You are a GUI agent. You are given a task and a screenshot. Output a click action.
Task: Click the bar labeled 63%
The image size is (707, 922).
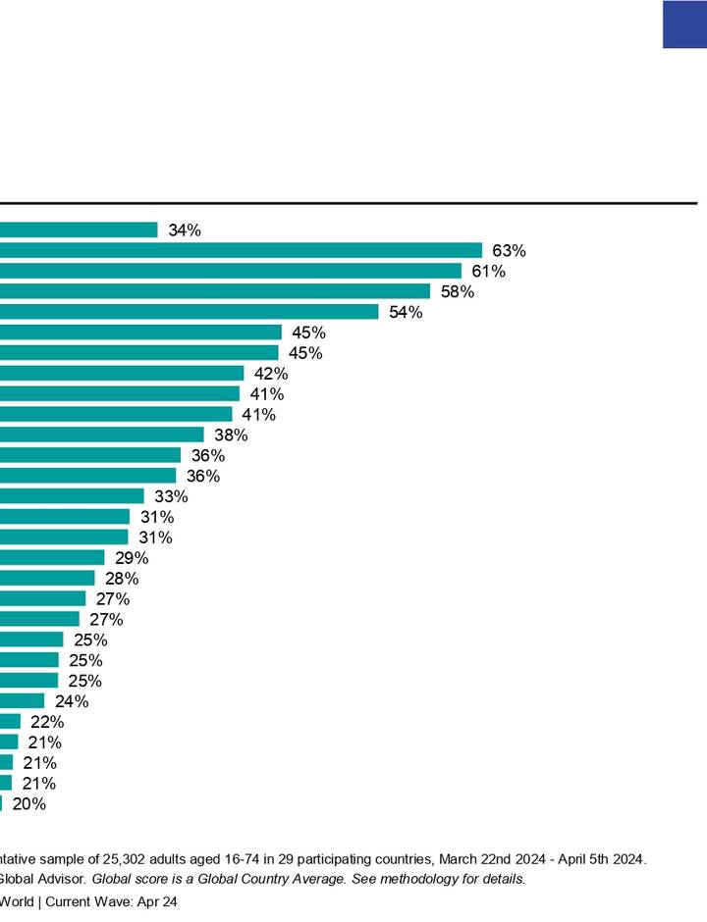pyautogui.click(x=241, y=250)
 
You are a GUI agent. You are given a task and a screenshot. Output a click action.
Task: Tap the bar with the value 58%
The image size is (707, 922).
pyautogui.click(x=215, y=291)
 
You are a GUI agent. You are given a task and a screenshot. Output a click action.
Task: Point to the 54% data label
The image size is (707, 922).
pyautogui.click(x=406, y=312)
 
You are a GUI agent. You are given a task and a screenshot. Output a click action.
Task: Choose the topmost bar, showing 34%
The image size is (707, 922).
pyautogui.click(x=79, y=230)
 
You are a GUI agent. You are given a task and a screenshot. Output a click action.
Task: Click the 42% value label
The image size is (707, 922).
pyautogui.click(x=271, y=374)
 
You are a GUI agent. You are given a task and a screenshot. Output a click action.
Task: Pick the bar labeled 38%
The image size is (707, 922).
pyautogui.click(x=102, y=435)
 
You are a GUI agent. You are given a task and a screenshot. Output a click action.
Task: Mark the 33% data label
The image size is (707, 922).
pyautogui.click(x=171, y=496)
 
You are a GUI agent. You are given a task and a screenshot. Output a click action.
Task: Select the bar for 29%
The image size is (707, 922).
pyautogui.click(x=52, y=557)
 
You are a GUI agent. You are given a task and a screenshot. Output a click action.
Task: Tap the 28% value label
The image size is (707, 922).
pyautogui.click(x=122, y=578)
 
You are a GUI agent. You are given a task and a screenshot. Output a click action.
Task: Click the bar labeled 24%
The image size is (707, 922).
pyautogui.click(x=22, y=700)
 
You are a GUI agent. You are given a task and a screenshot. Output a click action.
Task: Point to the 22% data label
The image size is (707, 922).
pyautogui.click(x=47, y=721)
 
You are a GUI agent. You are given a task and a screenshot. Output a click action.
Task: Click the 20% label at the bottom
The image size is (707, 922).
pyautogui.click(x=28, y=803)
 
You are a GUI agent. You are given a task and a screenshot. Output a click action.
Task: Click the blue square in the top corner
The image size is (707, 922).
pyautogui.click(x=684, y=25)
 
